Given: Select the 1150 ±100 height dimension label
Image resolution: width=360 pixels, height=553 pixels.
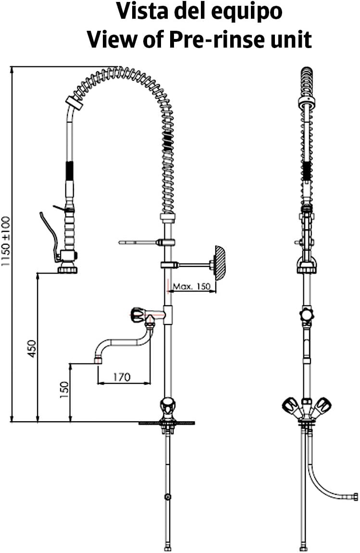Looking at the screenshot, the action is click(6, 241).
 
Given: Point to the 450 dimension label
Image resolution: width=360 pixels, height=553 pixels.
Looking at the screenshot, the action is click(32, 349).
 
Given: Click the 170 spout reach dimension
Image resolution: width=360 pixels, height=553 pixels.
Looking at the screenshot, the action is click(122, 377).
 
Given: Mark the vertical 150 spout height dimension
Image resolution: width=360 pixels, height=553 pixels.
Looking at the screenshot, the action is click(64, 390).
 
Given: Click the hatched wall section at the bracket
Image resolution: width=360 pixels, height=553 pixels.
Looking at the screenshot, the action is click(219, 263).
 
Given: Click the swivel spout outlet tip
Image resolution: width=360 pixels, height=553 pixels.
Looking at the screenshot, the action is click(98, 361).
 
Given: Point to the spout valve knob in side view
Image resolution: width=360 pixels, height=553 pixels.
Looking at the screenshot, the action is click(306, 315).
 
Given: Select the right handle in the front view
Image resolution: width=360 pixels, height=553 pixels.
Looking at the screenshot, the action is click(323, 405).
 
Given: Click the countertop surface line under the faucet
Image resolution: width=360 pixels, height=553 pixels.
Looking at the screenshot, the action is click(167, 423).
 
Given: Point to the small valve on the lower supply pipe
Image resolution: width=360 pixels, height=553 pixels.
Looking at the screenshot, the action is click(167, 497).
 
